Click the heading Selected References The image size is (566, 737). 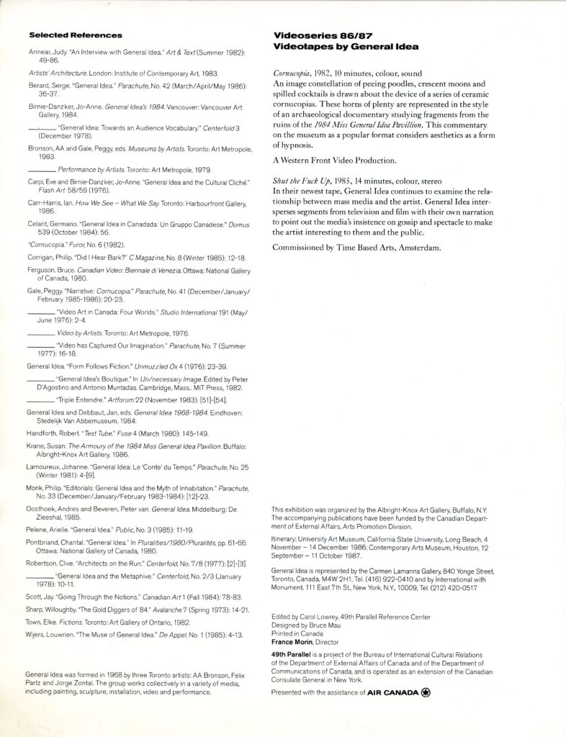coord(75,35)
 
